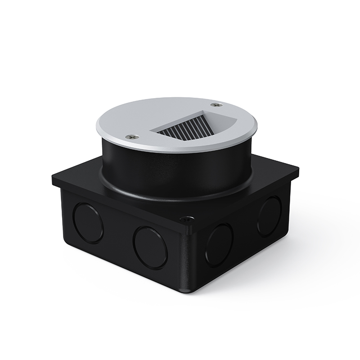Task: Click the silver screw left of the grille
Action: tap(131, 135)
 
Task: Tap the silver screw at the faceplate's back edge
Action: tap(218, 104)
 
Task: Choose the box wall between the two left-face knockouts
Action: tap(118, 236)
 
